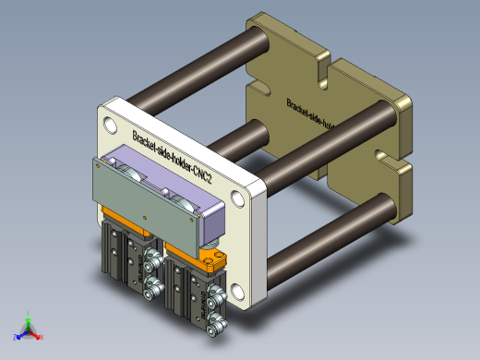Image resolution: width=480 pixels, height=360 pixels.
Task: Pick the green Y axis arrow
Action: click(30, 316)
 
